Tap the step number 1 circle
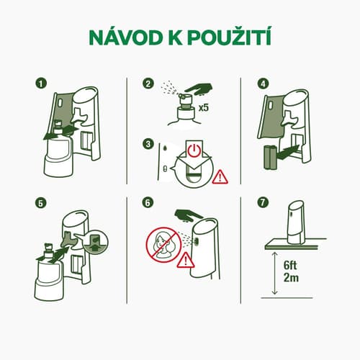pyautogui.click(x=41, y=84)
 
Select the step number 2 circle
pyautogui.click(x=148, y=84)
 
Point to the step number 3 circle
pyautogui.click(x=148, y=144)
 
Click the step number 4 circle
pyautogui.click(x=263, y=84)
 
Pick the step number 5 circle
pyautogui.click(x=41, y=203)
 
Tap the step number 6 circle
pyautogui.click(x=148, y=203)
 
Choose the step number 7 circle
pyautogui.click(x=263, y=203)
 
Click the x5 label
pyautogui.click(x=204, y=108)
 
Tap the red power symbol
pyautogui.click(x=194, y=150)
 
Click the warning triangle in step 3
pyautogui.click(x=220, y=177)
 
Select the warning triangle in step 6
pyautogui.click(x=186, y=260)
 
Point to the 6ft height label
pyautogui.click(x=290, y=266)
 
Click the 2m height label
pyautogui.click(x=291, y=278)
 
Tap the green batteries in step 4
pyautogui.click(x=271, y=156)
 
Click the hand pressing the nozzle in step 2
pyautogui.click(x=199, y=89)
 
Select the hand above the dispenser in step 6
pyautogui.click(x=189, y=215)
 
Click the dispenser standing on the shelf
pyautogui.click(x=297, y=222)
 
